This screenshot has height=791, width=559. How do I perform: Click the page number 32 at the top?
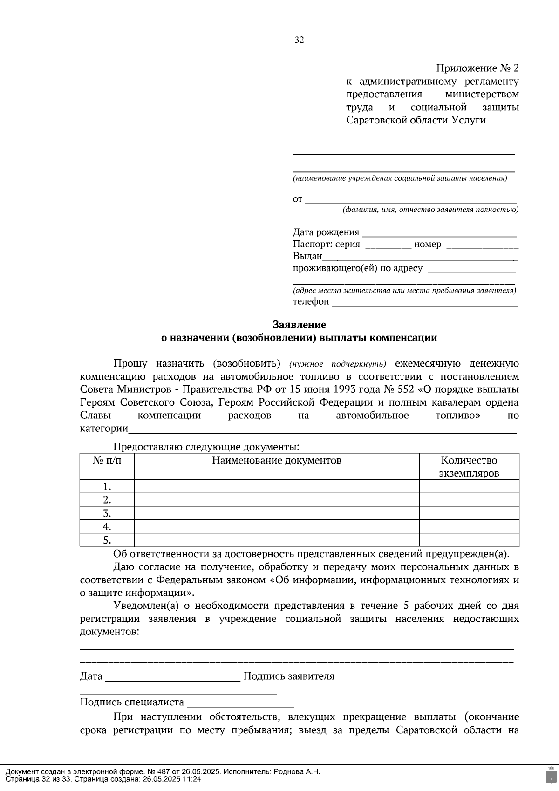(299, 40)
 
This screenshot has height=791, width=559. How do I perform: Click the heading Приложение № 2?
(477, 68)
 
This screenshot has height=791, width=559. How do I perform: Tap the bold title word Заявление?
(299, 325)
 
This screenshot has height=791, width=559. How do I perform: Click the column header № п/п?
(107, 461)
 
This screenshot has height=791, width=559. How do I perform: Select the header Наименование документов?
(277, 461)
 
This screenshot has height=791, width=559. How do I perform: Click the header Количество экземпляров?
(469, 467)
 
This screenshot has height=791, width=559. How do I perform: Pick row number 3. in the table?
(107, 513)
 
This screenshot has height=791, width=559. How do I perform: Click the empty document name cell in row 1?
(277, 487)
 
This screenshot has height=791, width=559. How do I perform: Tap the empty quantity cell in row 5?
(469, 540)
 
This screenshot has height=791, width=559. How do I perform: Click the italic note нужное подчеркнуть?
(338, 364)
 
